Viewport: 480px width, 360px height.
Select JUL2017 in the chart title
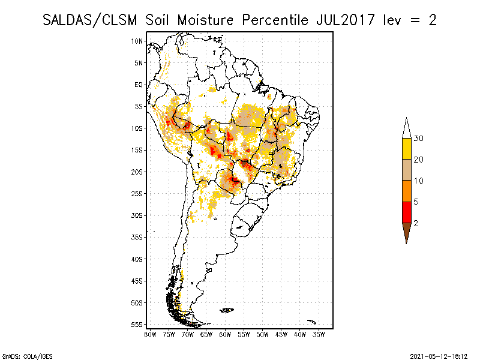(344, 20)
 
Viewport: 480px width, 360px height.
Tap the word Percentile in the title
(273, 20)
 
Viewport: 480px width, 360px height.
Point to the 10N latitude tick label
(137, 41)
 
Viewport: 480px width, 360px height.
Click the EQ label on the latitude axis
(139, 85)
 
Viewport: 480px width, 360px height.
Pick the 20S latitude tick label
(137, 172)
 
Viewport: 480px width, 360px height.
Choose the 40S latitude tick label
(137, 259)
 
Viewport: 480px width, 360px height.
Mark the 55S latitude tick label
(137, 324)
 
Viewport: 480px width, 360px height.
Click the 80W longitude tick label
(150, 334)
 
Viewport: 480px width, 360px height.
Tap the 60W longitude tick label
(225, 334)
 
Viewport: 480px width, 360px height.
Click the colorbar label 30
(419, 139)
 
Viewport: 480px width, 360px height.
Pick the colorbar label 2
(416, 223)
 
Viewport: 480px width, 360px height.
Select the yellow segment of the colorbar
(406, 149)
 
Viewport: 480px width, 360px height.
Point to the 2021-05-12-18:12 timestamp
(439, 355)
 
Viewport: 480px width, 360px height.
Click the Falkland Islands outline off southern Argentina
(227, 310)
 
